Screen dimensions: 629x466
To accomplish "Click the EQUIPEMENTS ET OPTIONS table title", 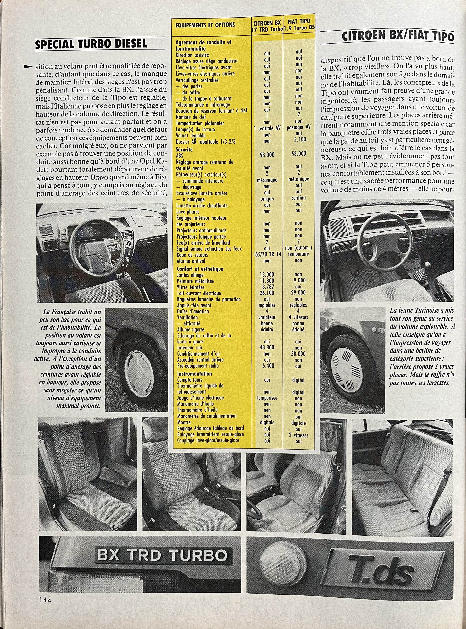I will click(205, 25).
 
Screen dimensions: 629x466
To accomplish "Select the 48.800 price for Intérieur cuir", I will click(267, 348).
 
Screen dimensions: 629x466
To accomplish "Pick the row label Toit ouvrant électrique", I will click(199, 293).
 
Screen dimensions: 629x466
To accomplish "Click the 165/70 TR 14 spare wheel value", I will click(267, 255).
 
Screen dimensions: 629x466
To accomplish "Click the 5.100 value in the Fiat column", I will click(298, 139).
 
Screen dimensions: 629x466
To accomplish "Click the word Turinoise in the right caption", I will click(420, 310).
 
